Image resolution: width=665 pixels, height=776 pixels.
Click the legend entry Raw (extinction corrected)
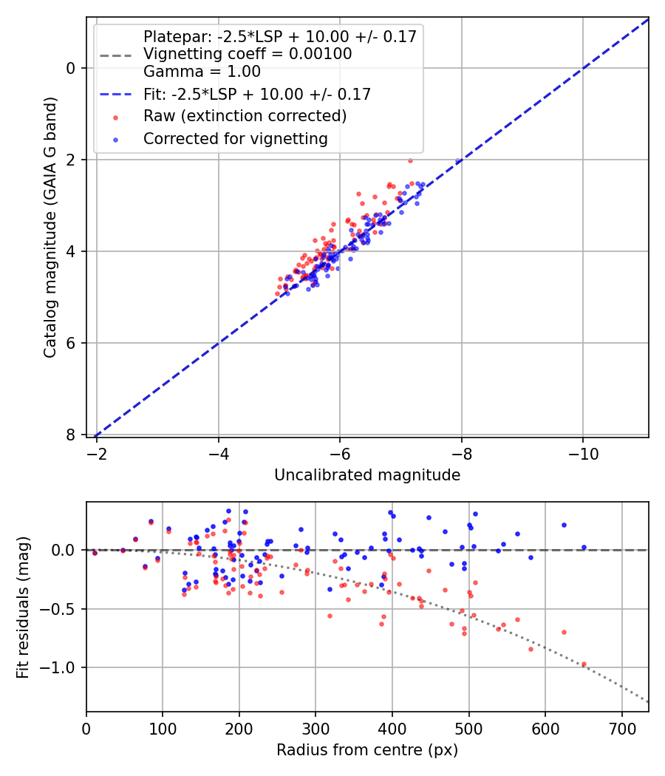click(x=245, y=116)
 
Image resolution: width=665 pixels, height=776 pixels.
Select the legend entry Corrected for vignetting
click(x=235, y=138)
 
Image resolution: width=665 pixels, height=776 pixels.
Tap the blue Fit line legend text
click(x=256, y=94)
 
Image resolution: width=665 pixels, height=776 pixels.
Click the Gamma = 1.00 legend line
click(x=202, y=72)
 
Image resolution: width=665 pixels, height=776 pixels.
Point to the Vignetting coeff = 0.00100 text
click(x=248, y=54)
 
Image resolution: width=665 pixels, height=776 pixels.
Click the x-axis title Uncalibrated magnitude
click(x=367, y=475)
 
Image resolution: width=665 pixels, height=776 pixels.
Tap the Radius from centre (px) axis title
click(x=367, y=750)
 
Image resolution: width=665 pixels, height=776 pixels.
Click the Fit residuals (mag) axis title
click(x=23, y=607)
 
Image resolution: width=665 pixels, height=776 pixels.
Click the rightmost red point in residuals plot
click(x=584, y=664)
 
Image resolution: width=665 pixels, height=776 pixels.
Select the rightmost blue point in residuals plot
click(x=584, y=548)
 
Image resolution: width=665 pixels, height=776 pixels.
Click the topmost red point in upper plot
click(x=410, y=160)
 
